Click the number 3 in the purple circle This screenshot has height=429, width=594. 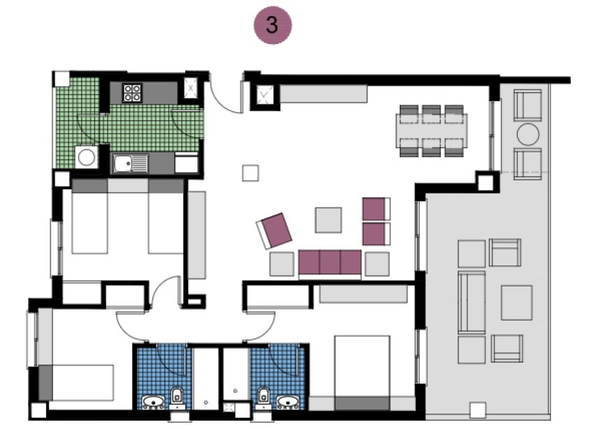[272, 26]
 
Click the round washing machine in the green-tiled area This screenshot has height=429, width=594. [87, 157]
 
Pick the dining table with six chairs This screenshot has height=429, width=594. [433, 129]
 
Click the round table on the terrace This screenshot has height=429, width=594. [528, 133]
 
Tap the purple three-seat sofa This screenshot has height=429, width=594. [330, 263]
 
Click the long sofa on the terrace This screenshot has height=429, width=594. [472, 302]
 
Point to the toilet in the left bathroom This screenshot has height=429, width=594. [178, 397]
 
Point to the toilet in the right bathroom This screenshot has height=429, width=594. [263, 397]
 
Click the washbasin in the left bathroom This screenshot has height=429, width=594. [153, 402]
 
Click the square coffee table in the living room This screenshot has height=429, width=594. [328, 219]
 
